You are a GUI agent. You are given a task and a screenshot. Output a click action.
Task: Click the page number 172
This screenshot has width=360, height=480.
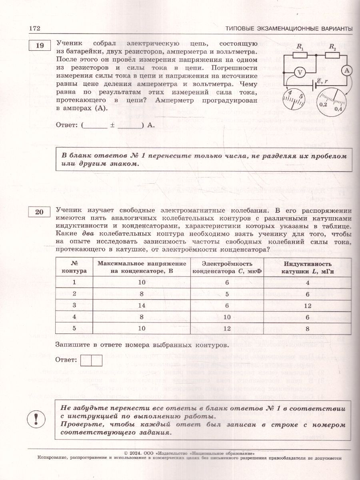(35, 29)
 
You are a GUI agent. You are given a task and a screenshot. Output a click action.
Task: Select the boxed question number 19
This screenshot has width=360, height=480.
(39, 46)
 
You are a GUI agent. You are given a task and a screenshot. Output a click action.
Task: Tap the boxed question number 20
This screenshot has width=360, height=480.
(39, 212)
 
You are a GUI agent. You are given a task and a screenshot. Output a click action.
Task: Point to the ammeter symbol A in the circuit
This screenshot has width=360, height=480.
(347, 70)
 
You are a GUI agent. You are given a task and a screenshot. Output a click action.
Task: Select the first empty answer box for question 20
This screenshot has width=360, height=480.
(86, 360)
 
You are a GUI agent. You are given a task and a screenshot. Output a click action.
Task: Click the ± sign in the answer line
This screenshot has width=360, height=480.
(113, 125)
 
